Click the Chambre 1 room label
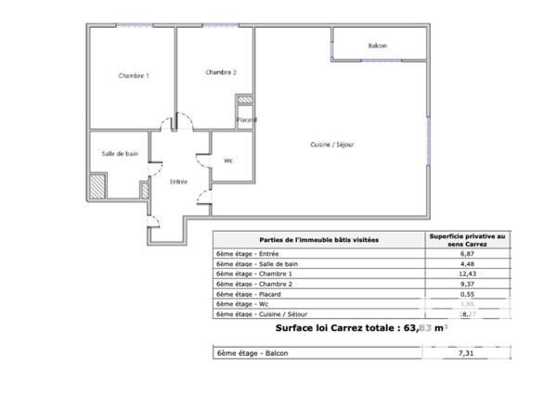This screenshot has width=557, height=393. click(133, 75)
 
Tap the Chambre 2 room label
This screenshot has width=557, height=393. click(221, 72)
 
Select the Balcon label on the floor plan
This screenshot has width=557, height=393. click(378, 45)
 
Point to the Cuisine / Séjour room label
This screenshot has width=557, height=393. click(331, 144)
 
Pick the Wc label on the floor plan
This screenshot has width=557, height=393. click(227, 160)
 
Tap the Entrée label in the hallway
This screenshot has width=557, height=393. click(178, 182)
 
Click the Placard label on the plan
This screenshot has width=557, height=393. click(246, 120)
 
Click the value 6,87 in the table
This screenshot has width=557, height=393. click(468, 253)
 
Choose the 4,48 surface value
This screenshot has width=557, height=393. click(468, 263)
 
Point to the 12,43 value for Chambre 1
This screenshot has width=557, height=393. click(468, 273)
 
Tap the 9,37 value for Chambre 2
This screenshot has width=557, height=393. click(468, 284)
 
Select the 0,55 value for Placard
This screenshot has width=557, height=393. click(468, 294)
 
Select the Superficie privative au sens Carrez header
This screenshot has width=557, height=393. click(468, 239)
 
